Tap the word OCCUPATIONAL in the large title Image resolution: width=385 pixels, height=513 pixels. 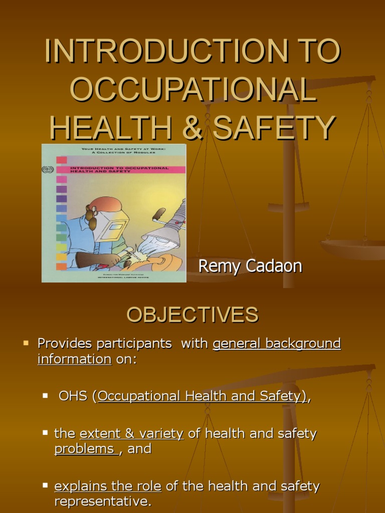point(192,89)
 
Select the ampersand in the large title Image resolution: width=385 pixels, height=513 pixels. point(191,126)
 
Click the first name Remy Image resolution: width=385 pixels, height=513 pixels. point(217,266)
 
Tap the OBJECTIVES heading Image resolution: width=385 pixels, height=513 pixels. point(192,315)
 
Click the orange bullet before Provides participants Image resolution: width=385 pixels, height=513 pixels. point(26,343)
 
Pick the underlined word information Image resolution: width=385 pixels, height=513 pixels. point(74,359)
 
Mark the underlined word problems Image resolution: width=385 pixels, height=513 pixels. point(84,449)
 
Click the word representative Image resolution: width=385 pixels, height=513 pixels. point(102,501)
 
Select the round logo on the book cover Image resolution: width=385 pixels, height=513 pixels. point(48,170)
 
